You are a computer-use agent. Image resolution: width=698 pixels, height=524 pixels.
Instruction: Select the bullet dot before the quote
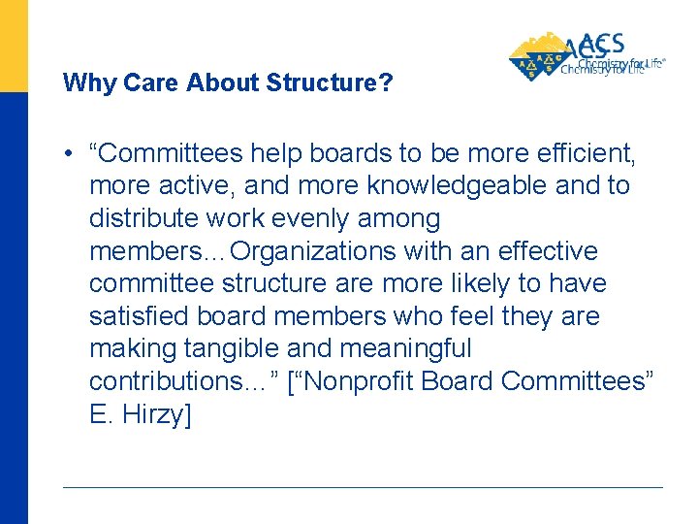coord(71,153)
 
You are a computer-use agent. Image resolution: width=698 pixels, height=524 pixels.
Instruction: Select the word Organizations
coord(313,251)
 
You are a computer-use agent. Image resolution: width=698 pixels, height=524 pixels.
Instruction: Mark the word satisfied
coord(137,316)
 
